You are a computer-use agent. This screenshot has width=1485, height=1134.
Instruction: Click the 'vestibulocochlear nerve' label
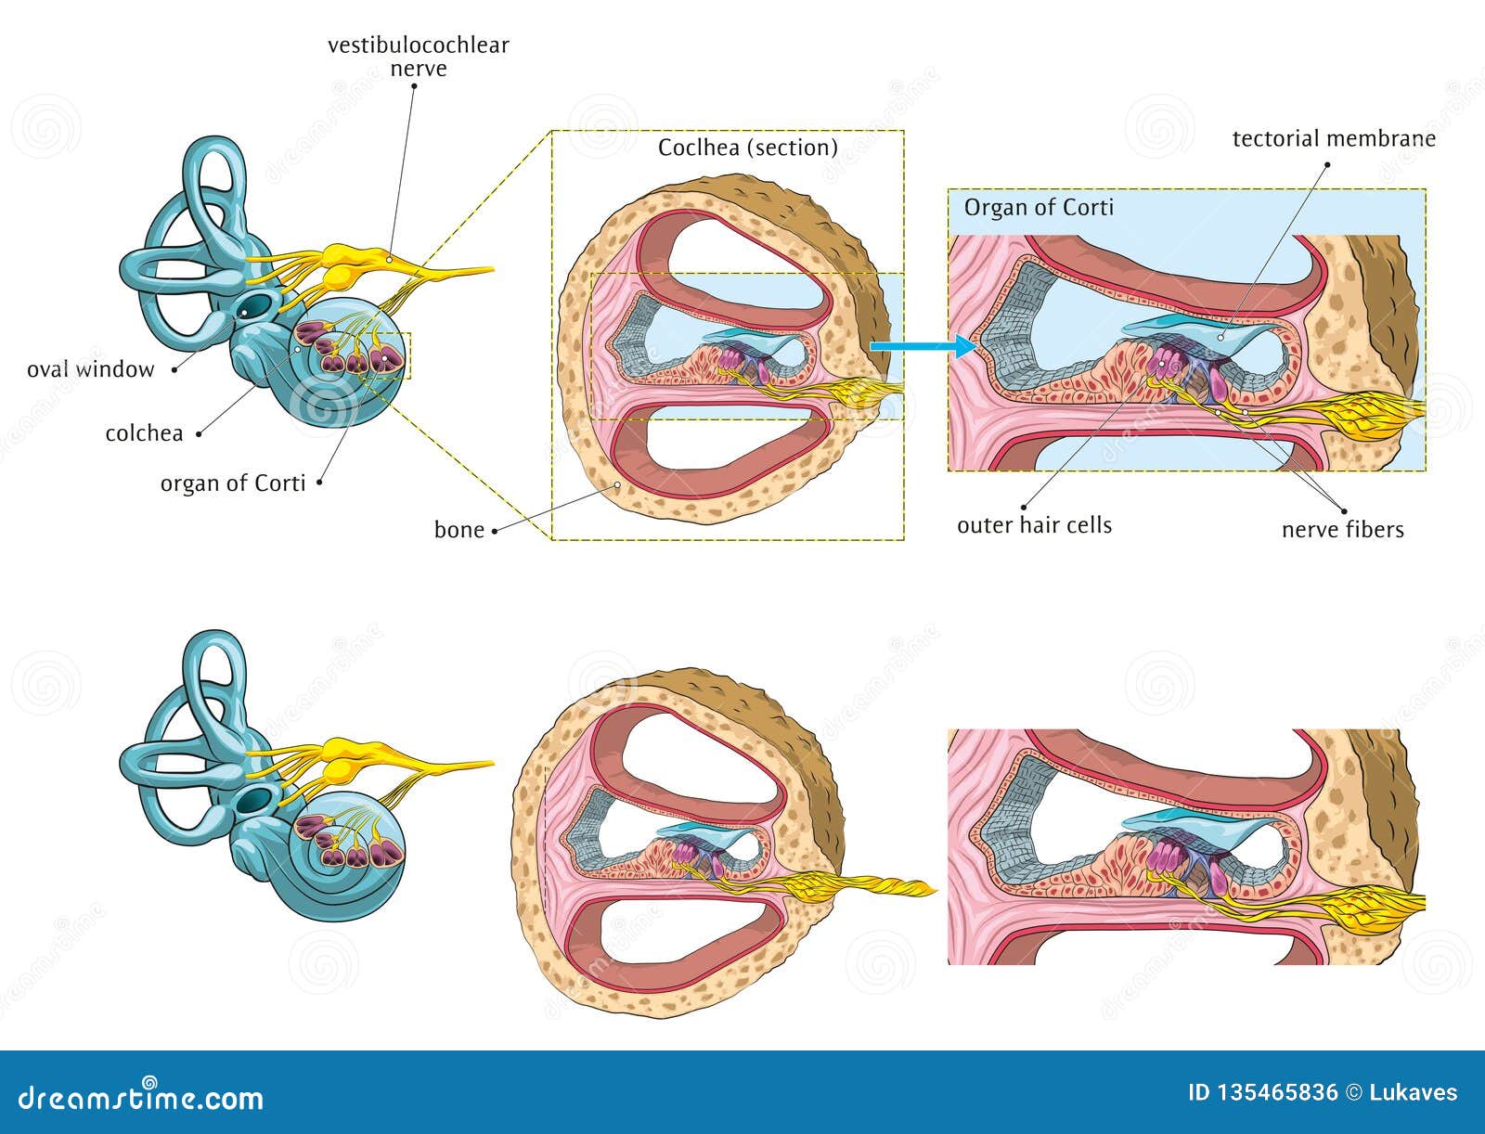click(418, 57)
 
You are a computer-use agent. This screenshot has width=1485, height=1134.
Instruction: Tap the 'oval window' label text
click(90, 369)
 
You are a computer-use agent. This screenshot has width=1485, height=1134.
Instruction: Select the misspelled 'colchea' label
click(144, 433)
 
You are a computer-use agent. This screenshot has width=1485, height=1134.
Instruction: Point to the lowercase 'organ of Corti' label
click(232, 483)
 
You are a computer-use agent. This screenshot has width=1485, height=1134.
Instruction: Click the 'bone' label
click(459, 530)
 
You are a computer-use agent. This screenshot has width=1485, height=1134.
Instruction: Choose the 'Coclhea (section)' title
click(747, 148)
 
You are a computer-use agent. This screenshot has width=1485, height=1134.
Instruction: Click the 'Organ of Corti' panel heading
click(1039, 207)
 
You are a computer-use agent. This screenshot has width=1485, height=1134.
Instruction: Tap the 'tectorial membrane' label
click(1334, 139)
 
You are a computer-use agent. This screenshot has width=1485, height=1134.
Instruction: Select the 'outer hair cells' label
click(1034, 525)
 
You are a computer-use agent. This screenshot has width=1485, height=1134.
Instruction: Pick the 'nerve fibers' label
click(1342, 530)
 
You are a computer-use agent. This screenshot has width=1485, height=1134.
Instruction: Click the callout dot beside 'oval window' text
click(175, 369)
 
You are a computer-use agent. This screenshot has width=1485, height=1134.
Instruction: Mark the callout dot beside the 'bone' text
click(495, 531)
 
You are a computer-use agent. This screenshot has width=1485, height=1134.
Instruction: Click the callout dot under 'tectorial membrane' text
click(1327, 164)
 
